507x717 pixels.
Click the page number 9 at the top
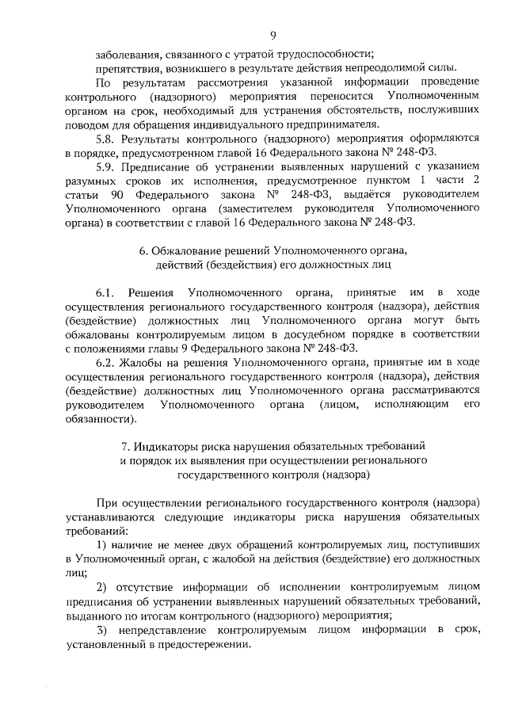click(x=273, y=35)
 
